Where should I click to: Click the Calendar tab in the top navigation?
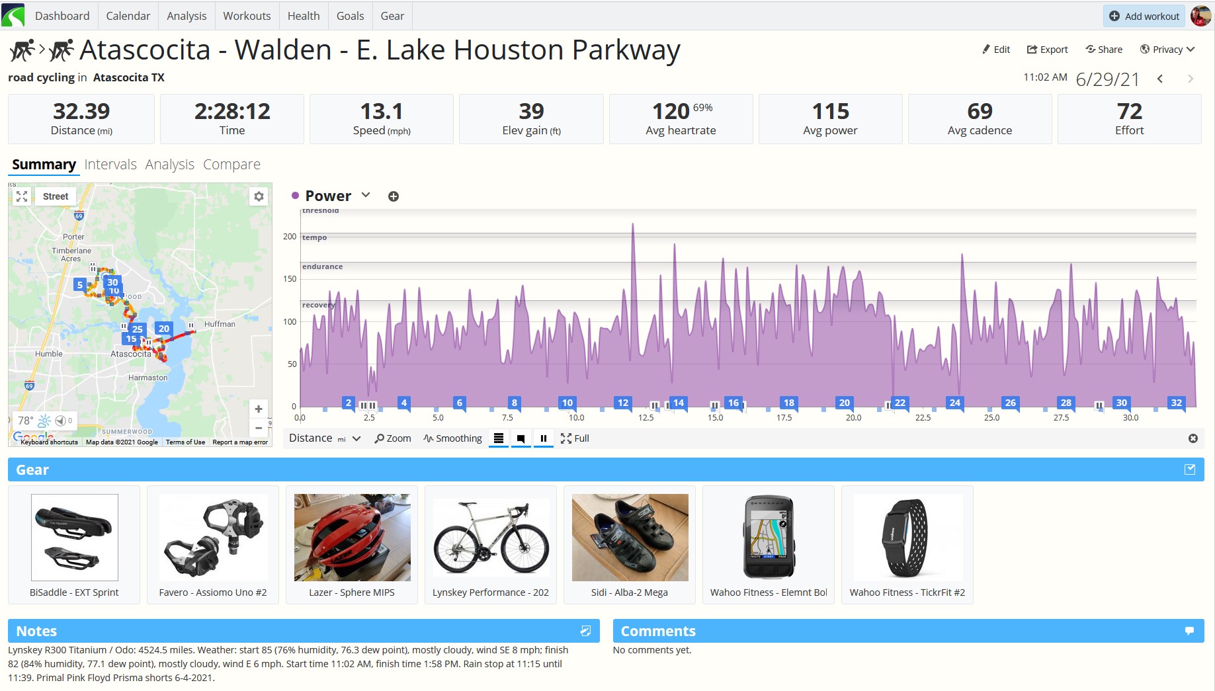coord(128,16)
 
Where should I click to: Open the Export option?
coord(1047,50)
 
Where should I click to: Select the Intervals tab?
coord(110,164)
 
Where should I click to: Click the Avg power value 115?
coord(830,111)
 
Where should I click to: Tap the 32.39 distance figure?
coord(81,111)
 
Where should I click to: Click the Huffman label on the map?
coord(220,324)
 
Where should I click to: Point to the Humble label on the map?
coord(49,354)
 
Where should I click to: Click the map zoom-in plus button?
coord(259,409)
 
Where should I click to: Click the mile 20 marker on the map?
coord(163,329)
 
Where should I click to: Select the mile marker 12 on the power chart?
coord(622,403)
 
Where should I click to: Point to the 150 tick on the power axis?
coord(290,279)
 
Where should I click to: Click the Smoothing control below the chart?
coord(453,438)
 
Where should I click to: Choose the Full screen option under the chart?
coord(575,438)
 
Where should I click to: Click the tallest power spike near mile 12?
coord(633,225)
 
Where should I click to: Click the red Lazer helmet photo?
coord(353,538)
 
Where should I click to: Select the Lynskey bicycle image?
coord(491,538)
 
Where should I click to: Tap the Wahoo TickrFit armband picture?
coord(907,538)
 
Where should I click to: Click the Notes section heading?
coord(36,631)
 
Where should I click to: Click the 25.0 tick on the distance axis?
coord(991,418)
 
